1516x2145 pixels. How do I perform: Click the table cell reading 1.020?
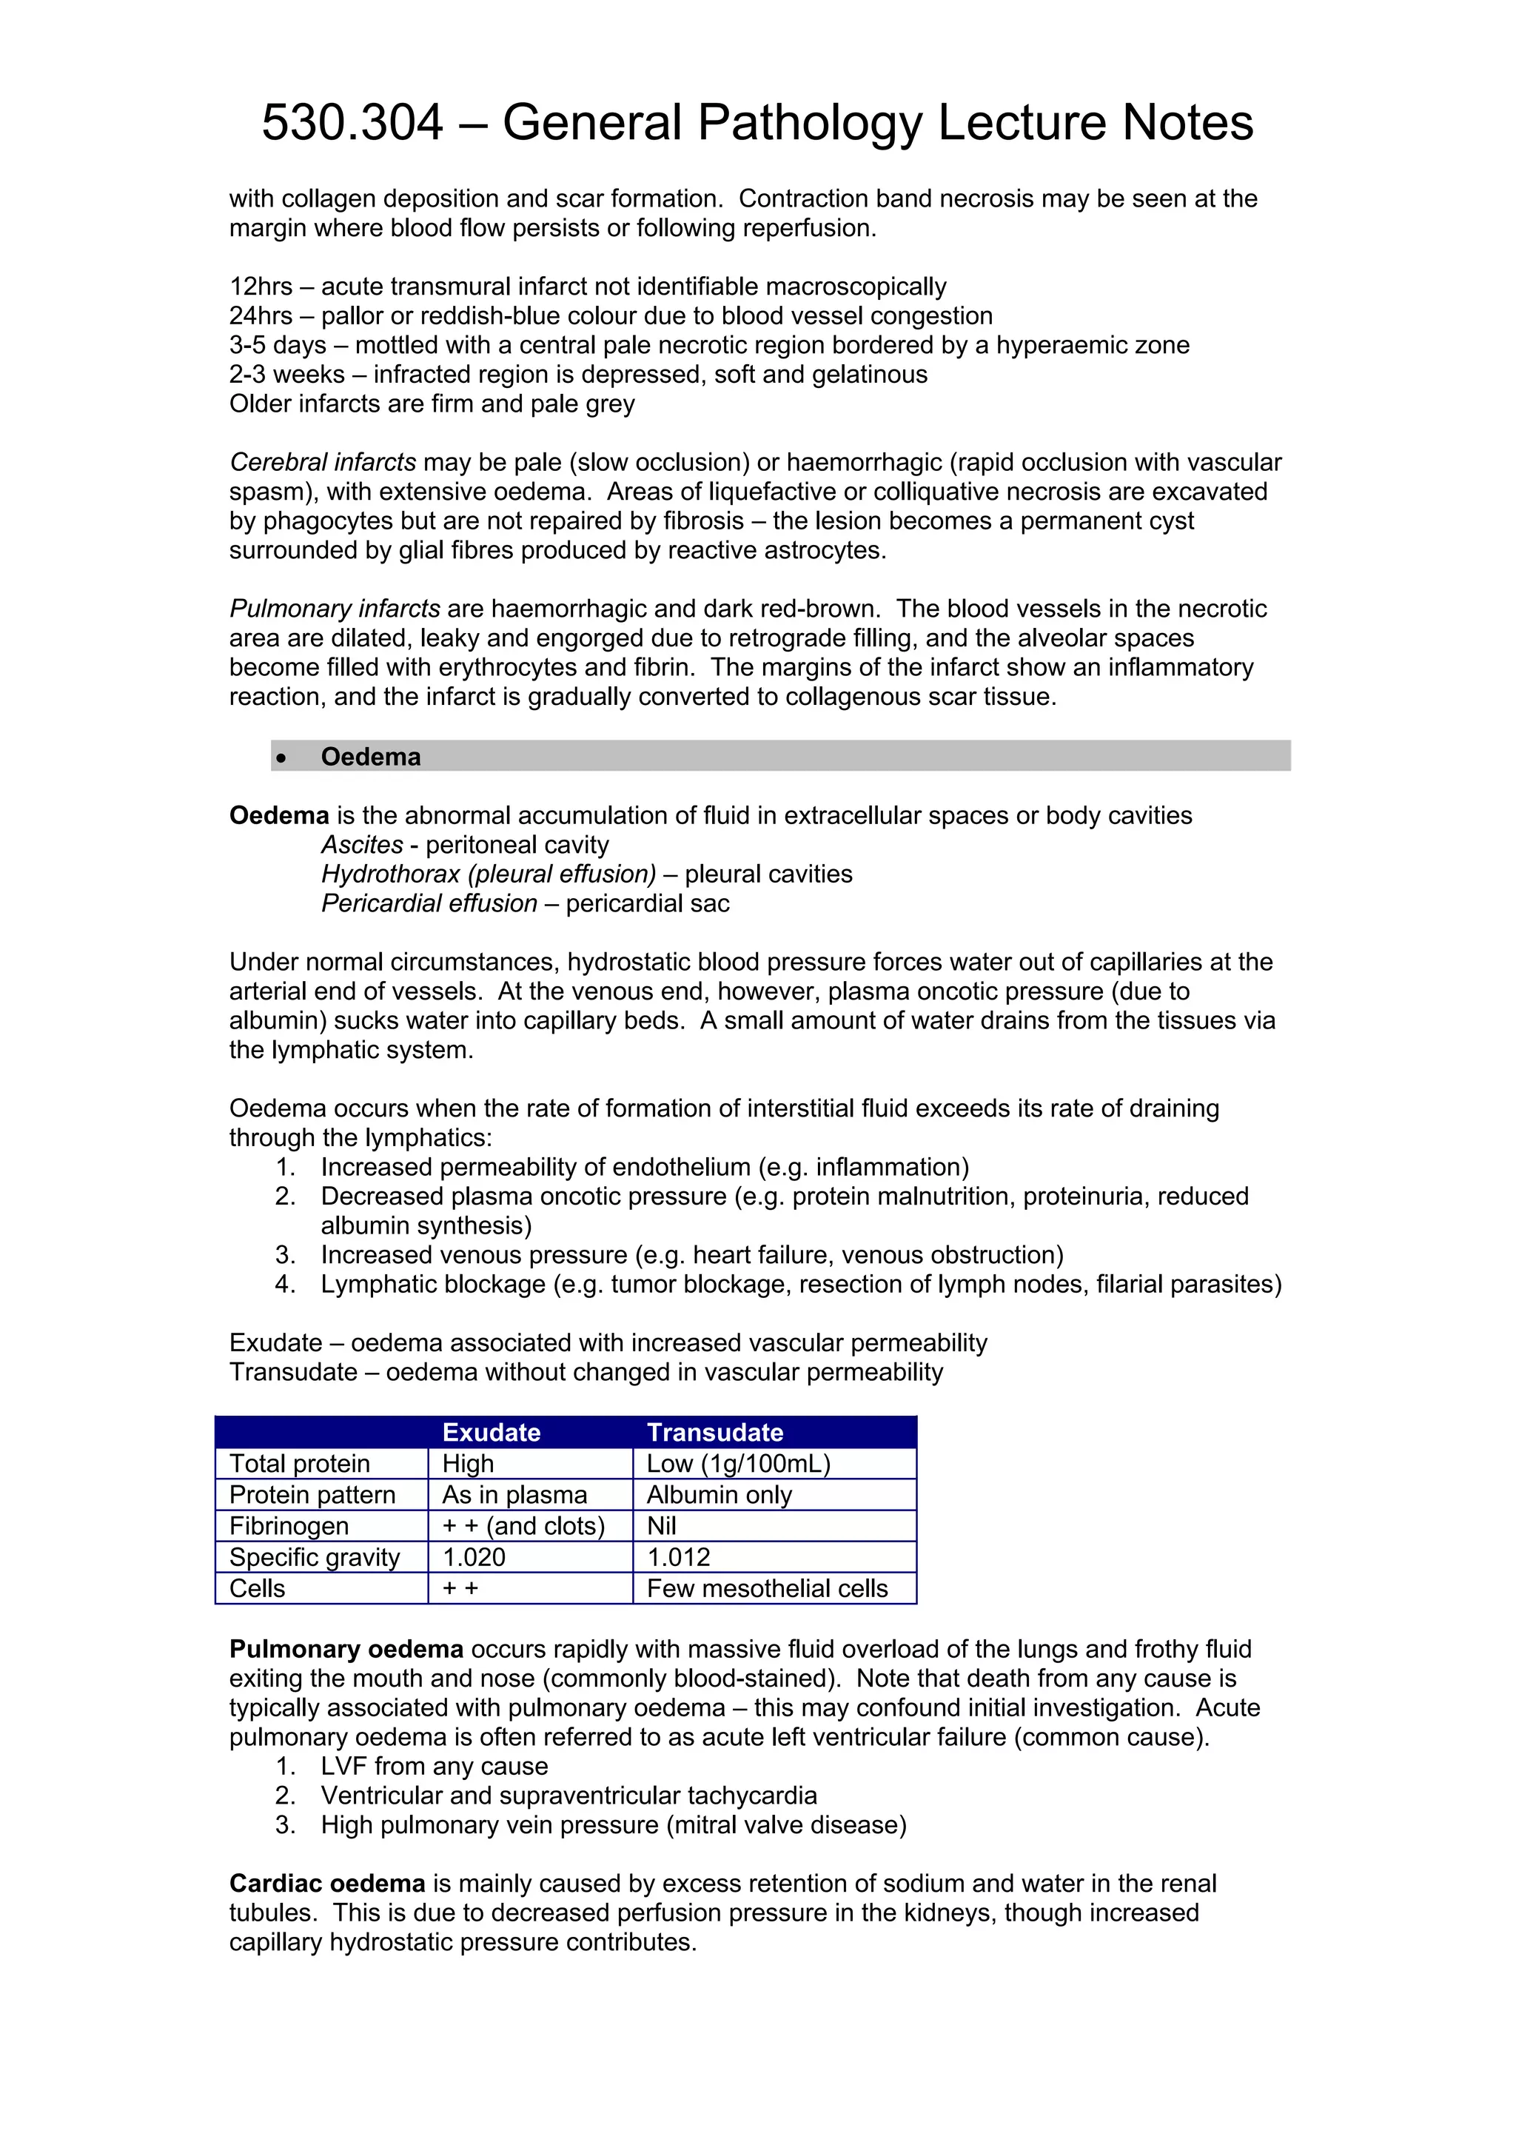[x=474, y=1557]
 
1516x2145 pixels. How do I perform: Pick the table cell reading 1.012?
[x=678, y=1557]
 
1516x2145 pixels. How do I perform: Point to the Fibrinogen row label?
[x=289, y=1527]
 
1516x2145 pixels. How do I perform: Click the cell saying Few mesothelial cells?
[x=767, y=1588]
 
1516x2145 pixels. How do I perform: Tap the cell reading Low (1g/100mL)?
[x=738, y=1464]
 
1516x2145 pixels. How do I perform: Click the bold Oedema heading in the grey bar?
[x=371, y=757]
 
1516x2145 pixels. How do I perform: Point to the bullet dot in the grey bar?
[x=281, y=757]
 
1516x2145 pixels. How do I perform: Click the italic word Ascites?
[x=361, y=845]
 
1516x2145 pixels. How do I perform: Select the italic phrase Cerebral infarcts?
[x=322, y=463]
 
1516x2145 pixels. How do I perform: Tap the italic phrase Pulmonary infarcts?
[x=335, y=609]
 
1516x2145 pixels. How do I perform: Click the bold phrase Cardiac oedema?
[x=327, y=1884]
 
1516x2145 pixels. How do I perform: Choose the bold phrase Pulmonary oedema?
[x=346, y=1649]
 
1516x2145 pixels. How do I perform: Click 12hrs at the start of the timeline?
[x=261, y=287]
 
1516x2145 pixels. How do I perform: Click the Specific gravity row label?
[x=314, y=1557]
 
